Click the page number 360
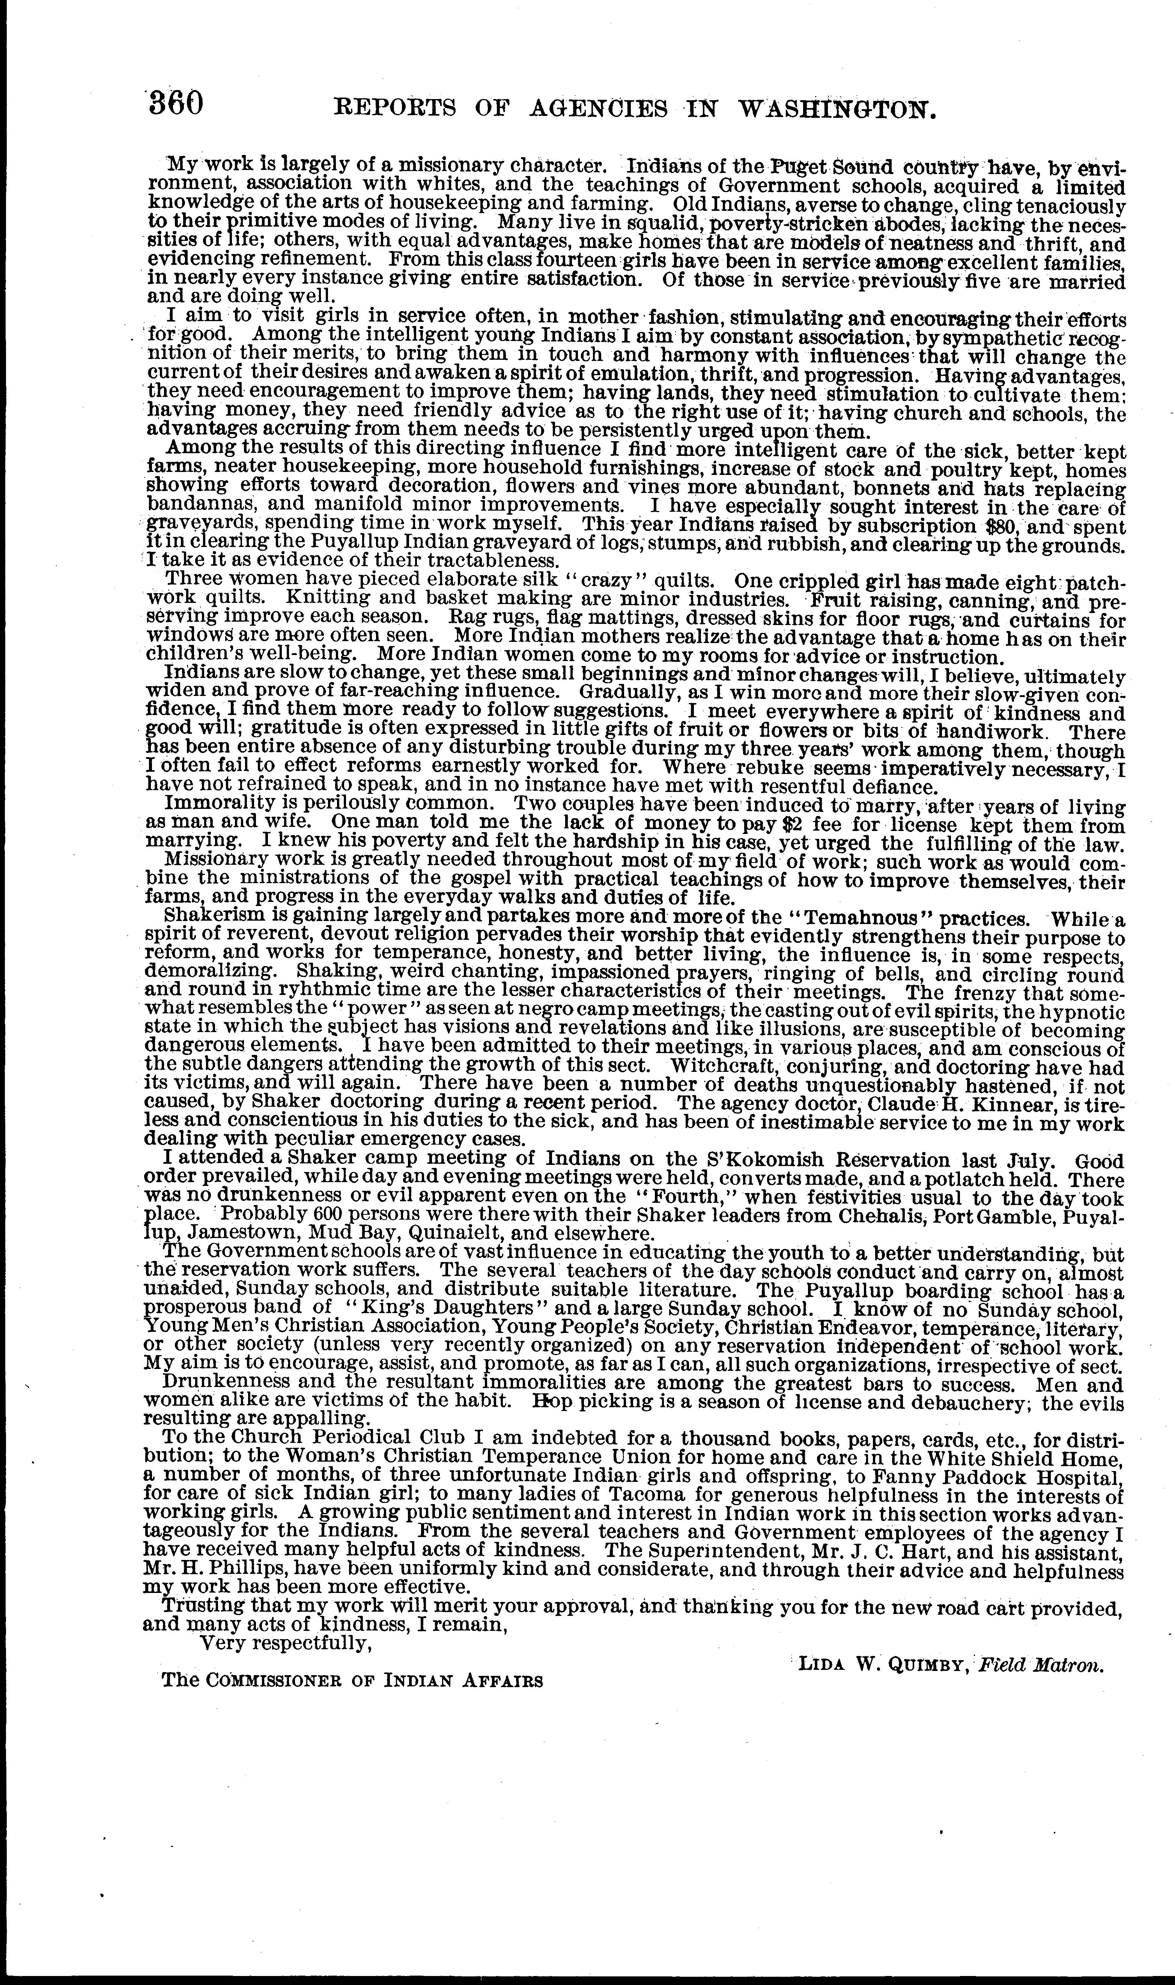point(176,104)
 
